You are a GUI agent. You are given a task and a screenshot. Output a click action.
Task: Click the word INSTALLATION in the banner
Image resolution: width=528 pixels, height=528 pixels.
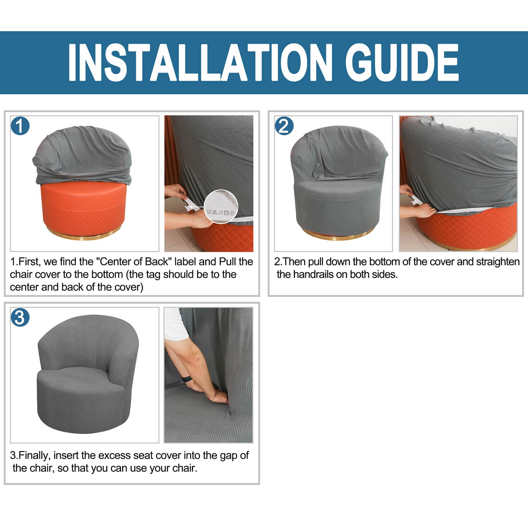pyautogui.click(x=200, y=62)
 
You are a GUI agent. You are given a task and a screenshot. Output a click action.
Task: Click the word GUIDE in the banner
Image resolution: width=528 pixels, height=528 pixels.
pyautogui.click(x=402, y=62)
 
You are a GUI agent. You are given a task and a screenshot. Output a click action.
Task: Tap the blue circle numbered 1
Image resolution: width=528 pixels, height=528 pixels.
pyautogui.click(x=20, y=126)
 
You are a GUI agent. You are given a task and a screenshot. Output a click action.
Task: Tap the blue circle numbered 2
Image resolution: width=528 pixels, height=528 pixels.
pyautogui.click(x=284, y=126)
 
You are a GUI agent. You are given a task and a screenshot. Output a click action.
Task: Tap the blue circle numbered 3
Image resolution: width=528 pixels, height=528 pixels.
pyautogui.click(x=20, y=317)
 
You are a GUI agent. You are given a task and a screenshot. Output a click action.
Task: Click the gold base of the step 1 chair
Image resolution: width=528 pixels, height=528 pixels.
pyautogui.click(x=84, y=235)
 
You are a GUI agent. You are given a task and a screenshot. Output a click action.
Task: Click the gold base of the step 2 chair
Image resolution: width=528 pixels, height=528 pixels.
pyautogui.click(x=340, y=235)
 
